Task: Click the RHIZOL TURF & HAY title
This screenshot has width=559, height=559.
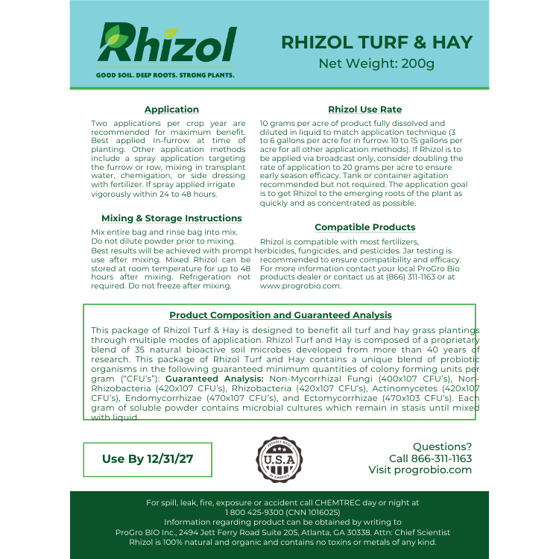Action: coord(376,42)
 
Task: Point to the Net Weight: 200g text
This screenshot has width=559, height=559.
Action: coord(376,63)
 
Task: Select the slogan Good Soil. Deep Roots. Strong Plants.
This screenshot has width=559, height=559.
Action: coord(165,75)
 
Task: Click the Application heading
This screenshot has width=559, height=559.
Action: coord(171,110)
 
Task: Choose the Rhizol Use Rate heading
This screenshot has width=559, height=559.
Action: coord(365,110)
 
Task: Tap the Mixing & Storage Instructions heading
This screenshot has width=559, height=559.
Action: coord(171,218)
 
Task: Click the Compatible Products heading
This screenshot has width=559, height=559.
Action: coord(365,227)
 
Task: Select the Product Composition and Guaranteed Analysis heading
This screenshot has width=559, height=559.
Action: coord(280,315)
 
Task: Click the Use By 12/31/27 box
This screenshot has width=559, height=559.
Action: coord(148,459)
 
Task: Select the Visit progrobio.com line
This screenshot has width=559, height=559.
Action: coord(420,470)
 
